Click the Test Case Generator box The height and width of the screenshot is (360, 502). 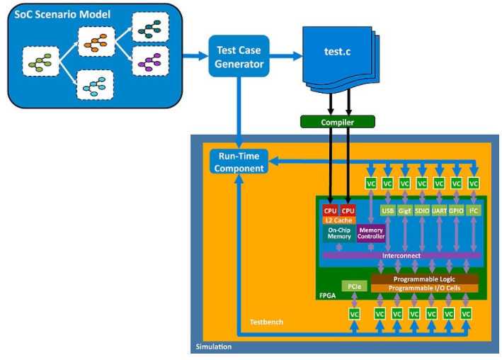(x=239, y=56)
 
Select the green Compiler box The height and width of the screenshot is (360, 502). (x=336, y=122)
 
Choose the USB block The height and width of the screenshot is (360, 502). (x=388, y=210)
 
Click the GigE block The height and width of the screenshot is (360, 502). (x=405, y=210)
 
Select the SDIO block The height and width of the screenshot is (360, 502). (x=423, y=210)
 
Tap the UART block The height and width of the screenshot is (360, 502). (x=440, y=210)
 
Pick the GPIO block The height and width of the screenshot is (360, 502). (x=457, y=210)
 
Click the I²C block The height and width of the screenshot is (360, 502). (x=474, y=210)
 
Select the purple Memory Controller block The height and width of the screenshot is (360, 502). (x=372, y=233)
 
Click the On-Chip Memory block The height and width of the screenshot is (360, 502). (x=339, y=233)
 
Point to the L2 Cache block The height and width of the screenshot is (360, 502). (x=339, y=220)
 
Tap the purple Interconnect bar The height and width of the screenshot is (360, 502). (x=401, y=255)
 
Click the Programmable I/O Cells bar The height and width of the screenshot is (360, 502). (x=425, y=288)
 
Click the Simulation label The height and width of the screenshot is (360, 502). (x=213, y=347)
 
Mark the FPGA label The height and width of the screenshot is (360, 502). (x=329, y=293)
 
